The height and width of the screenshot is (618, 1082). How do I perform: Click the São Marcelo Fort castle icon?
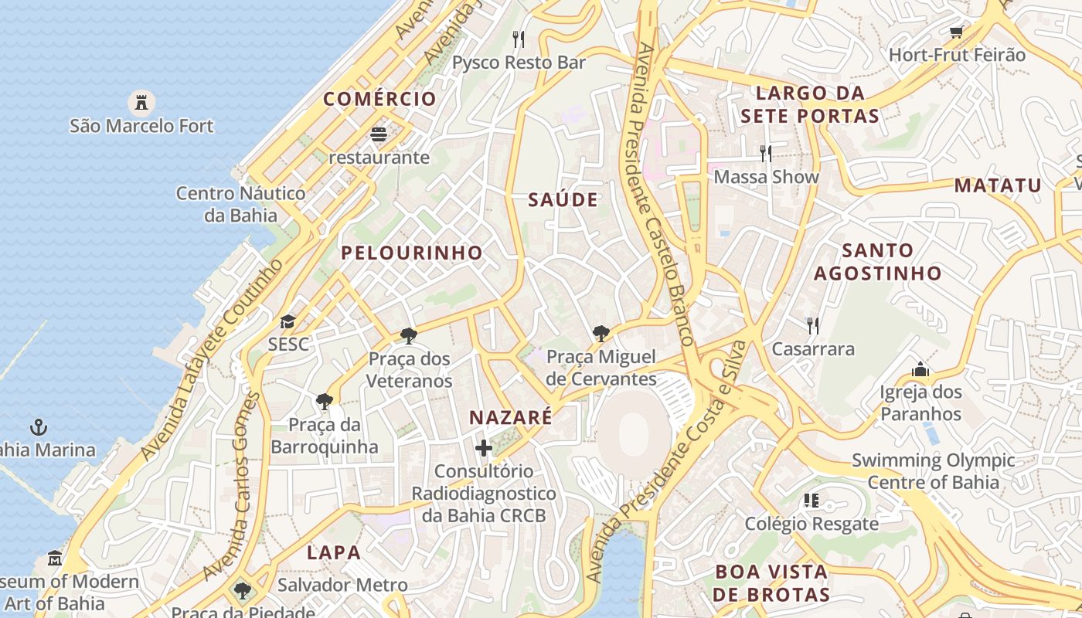pyautogui.click(x=141, y=102)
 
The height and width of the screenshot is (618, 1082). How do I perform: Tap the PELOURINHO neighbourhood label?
pyautogui.click(x=412, y=253)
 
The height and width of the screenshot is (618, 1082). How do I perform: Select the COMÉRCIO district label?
pyautogui.click(x=380, y=99)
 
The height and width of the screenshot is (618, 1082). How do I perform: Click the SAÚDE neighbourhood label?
pyautogui.click(x=563, y=200)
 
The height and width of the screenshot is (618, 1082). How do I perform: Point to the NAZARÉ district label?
pyautogui.click(x=511, y=418)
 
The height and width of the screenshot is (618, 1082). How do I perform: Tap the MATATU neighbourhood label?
pyautogui.click(x=998, y=185)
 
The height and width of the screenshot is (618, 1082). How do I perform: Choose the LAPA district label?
pyautogui.click(x=334, y=552)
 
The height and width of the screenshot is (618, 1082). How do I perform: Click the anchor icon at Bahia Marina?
pyautogui.click(x=39, y=426)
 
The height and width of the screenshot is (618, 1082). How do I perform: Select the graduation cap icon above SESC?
pyautogui.click(x=288, y=321)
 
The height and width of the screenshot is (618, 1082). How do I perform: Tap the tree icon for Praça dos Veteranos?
pyautogui.click(x=408, y=336)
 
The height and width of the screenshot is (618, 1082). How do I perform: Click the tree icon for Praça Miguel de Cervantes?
pyautogui.click(x=601, y=334)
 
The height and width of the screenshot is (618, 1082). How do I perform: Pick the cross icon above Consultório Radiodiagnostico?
pyautogui.click(x=484, y=448)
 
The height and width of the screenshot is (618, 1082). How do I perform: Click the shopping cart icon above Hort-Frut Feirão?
pyautogui.click(x=956, y=32)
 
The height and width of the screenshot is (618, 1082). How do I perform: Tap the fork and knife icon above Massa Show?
pyautogui.click(x=766, y=154)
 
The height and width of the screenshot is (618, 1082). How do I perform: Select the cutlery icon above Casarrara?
pyautogui.click(x=812, y=326)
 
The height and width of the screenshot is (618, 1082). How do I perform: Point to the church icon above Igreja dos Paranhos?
pyautogui.click(x=920, y=369)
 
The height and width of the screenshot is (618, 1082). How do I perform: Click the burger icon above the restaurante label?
pyautogui.click(x=379, y=134)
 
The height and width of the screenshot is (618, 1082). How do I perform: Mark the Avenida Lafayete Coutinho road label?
pyautogui.click(x=213, y=360)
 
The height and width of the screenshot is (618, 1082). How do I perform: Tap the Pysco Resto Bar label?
pyautogui.click(x=519, y=63)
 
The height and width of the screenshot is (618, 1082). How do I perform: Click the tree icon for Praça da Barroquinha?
pyautogui.click(x=325, y=402)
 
